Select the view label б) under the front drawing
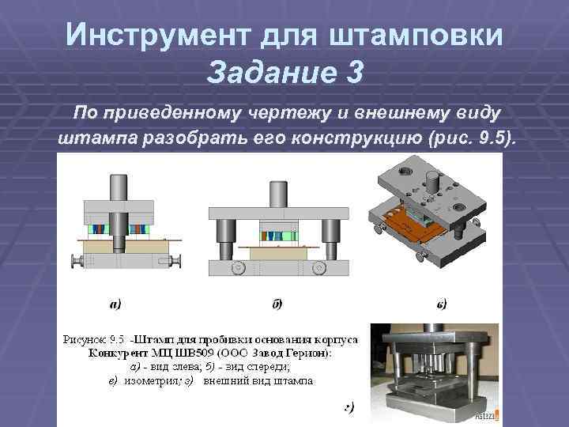click(x=277, y=303)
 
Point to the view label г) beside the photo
click(x=349, y=408)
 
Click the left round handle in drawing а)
click(x=77, y=261)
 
